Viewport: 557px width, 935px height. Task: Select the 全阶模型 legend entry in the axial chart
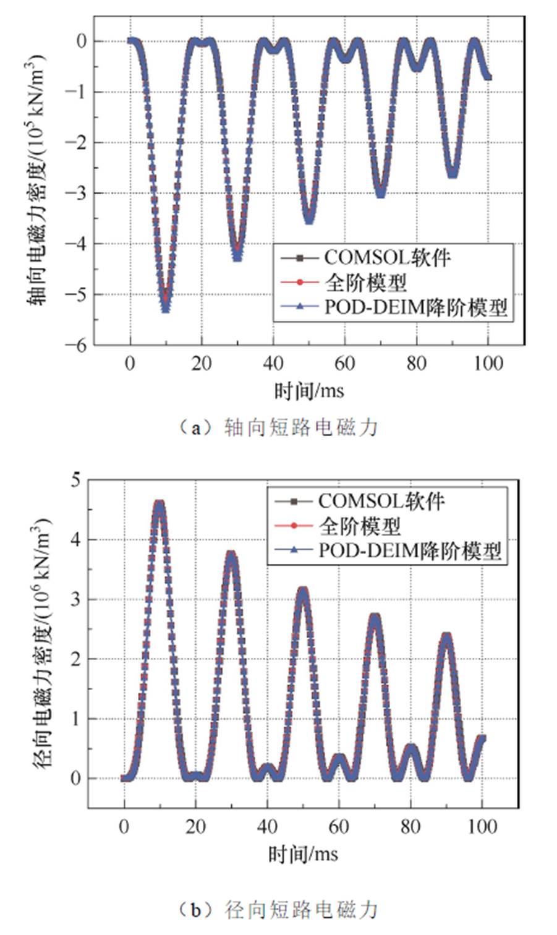(365, 283)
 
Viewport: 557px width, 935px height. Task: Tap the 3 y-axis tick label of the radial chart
(75, 600)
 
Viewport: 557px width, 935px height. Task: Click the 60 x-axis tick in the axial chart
(345, 363)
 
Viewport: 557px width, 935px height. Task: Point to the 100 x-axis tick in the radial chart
(483, 827)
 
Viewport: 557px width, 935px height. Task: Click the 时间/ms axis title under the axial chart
(308, 390)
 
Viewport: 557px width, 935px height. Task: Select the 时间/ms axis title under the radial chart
(303, 854)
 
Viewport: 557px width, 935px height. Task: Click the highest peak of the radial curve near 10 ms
(159, 505)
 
